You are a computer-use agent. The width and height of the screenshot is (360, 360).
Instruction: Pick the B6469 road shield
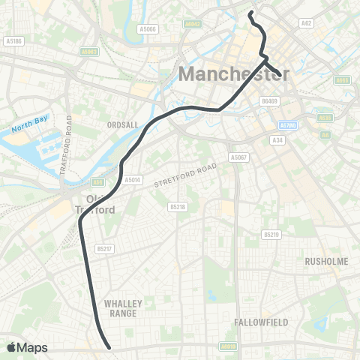coord(268,100)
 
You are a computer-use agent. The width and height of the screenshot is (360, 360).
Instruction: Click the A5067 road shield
coord(238,157)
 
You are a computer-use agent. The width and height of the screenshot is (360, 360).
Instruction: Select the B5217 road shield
coord(103,249)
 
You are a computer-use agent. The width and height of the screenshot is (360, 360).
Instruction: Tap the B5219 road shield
coord(271,235)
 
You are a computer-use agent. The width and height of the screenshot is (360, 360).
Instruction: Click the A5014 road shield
coord(133,180)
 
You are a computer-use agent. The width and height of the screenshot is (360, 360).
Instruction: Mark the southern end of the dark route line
coord(109,347)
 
